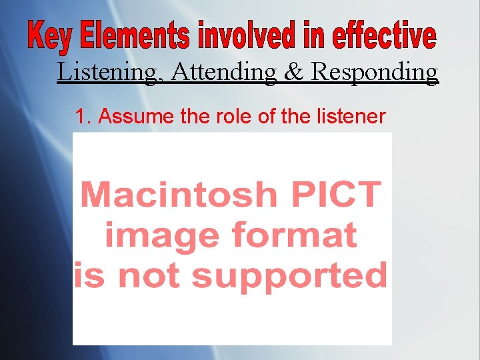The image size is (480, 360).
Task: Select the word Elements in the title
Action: (133, 36)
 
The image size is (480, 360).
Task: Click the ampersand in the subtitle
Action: (294, 72)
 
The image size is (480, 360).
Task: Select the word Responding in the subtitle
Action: (375, 72)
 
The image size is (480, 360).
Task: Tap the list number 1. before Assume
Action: (83, 117)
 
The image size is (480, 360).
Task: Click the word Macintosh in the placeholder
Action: (178, 195)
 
